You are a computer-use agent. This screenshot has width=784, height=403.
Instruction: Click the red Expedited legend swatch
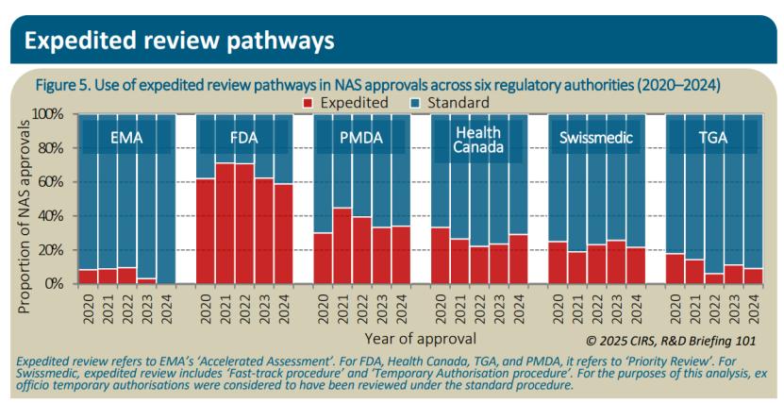coord(308,102)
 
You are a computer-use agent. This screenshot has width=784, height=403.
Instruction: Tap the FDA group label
coord(243,138)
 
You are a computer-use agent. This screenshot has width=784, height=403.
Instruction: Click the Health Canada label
coord(478,139)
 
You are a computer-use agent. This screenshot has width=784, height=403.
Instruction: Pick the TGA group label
coord(713,138)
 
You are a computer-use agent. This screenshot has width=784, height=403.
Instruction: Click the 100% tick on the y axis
coord(51,114)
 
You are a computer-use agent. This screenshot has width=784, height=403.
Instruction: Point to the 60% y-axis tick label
coord(54,182)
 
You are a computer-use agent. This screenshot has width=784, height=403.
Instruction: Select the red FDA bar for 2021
coord(225,224)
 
